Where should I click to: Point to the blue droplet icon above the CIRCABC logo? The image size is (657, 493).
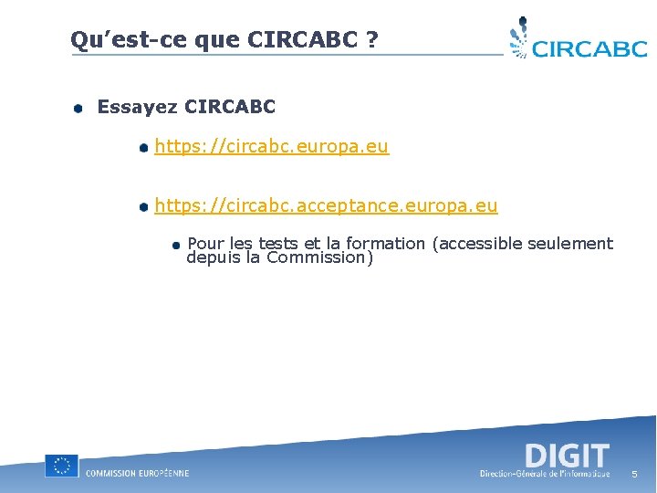pyautogui.click(x=519, y=37)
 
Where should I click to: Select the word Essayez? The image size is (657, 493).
pyautogui.click(x=137, y=107)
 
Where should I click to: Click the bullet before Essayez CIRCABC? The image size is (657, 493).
pyautogui.click(x=79, y=109)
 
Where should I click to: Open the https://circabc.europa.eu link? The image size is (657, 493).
pyautogui.click(x=271, y=146)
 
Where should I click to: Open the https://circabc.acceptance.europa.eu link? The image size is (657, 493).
pyautogui.click(x=326, y=205)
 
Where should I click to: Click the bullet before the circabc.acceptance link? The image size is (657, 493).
pyautogui.click(x=143, y=207)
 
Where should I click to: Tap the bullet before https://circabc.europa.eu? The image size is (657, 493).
pyautogui.click(x=143, y=148)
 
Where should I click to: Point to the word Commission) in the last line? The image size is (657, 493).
pyautogui.click(x=319, y=257)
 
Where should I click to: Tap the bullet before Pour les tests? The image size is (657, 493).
pyautogui.click(x=176, y=245)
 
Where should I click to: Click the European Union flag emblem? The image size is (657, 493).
pyautogui.click(x=61, y=466)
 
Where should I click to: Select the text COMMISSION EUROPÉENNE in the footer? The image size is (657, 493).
pyautogui.click(x=137, y=473)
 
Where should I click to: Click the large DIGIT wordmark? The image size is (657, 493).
pyautogui.click(x=567, y=455)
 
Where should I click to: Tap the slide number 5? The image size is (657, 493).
pyautogui.click(x=634, y=475)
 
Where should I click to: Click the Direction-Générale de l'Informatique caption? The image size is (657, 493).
pyautogui.click(x=545, y=474)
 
